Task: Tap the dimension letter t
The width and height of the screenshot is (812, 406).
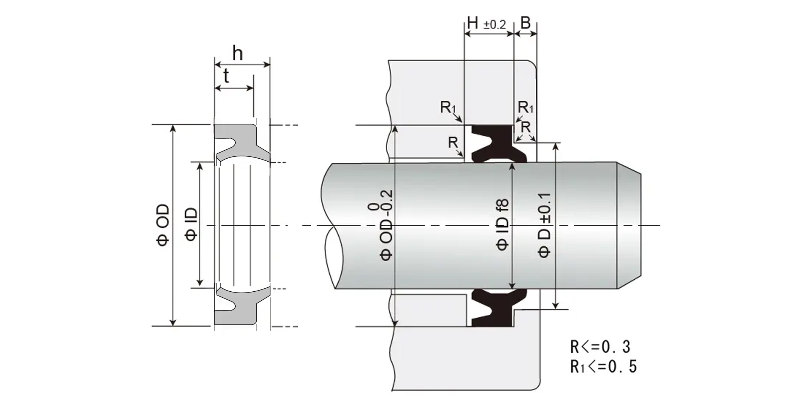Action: pos(226,76)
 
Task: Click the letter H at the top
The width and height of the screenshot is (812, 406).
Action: pos(473,23)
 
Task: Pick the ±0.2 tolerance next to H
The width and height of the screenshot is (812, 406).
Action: pos(495,25)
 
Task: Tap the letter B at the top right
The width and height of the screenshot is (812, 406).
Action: pos(525,23)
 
